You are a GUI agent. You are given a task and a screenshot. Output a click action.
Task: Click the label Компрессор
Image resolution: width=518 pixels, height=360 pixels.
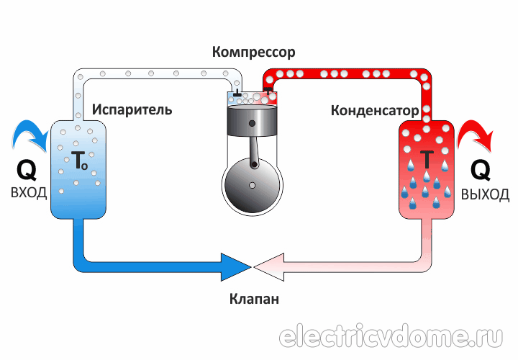254,53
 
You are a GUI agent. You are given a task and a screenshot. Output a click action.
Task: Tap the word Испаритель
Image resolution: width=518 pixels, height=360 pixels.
132,109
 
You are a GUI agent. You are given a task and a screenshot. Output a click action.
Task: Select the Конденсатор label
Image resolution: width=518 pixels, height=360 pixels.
374,111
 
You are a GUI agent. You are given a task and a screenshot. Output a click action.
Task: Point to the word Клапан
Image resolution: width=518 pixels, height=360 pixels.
255,298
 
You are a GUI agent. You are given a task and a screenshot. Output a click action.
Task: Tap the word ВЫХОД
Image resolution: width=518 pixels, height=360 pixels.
486,194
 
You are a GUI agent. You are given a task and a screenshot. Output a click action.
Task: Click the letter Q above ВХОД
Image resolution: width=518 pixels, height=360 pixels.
27,170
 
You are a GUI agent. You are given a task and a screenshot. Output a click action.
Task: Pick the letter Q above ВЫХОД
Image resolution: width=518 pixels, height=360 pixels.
481,170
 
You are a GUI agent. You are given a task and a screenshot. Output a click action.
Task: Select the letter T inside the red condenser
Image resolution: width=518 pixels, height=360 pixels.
427,159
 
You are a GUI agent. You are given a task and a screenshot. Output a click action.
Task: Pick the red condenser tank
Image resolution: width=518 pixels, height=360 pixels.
427,173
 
